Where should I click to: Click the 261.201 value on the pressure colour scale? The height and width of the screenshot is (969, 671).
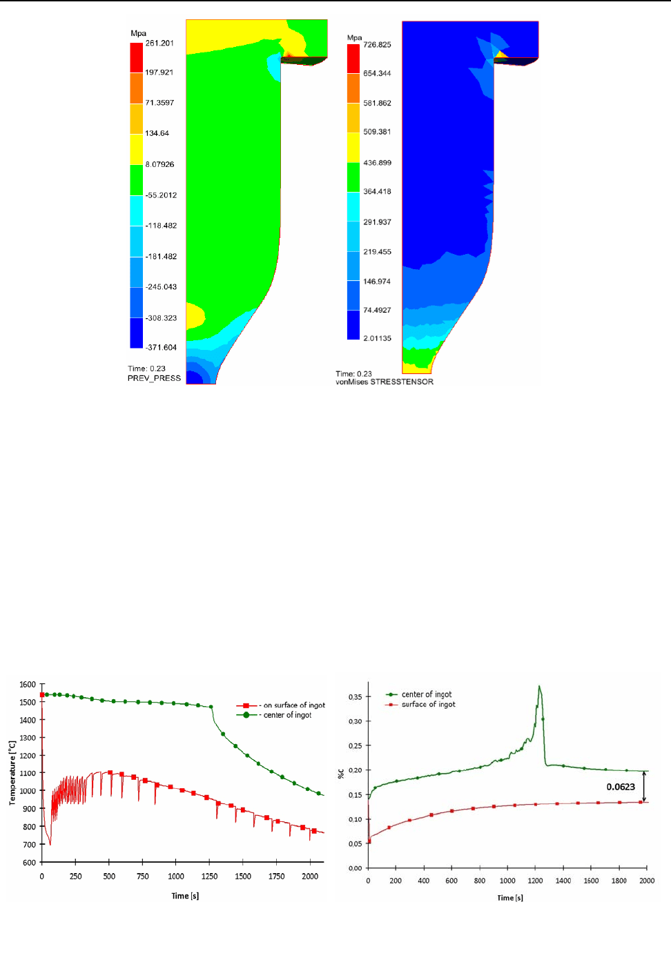pos(159,43)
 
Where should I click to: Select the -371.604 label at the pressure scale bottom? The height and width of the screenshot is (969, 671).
pos(161,348)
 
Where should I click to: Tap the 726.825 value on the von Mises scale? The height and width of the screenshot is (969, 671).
pos(377,45)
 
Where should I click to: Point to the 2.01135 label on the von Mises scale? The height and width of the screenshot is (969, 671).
pos(377,339)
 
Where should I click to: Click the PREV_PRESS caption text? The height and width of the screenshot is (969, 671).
pos(154,378)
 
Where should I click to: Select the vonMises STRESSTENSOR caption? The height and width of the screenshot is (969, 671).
pos(385,382)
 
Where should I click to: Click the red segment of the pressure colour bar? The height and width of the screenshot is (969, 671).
pos(137,57)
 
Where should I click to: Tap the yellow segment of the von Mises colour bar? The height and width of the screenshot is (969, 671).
pos(353,147)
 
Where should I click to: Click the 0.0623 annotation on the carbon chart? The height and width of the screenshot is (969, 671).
pos(621,787)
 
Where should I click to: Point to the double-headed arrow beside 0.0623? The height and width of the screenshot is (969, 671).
pos(644,786)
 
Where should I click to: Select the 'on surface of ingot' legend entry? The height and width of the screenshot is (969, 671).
pos(294,705)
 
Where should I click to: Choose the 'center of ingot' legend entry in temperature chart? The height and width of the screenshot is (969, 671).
pos(287,715)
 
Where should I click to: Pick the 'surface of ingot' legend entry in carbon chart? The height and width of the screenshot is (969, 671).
pos(428,705)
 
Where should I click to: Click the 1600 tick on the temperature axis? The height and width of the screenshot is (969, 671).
pos(28,685)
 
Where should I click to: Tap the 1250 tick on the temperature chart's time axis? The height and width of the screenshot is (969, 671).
pos(209,877)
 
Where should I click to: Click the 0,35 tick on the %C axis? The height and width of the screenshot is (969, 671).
pos(355,697)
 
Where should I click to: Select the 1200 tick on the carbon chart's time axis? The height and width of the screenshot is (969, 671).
pos(535,881)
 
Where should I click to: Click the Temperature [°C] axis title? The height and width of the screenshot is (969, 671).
pos(12,773)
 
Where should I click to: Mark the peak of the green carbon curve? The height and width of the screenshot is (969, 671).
pos(539,686)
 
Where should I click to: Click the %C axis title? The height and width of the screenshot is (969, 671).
pos(340,774)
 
